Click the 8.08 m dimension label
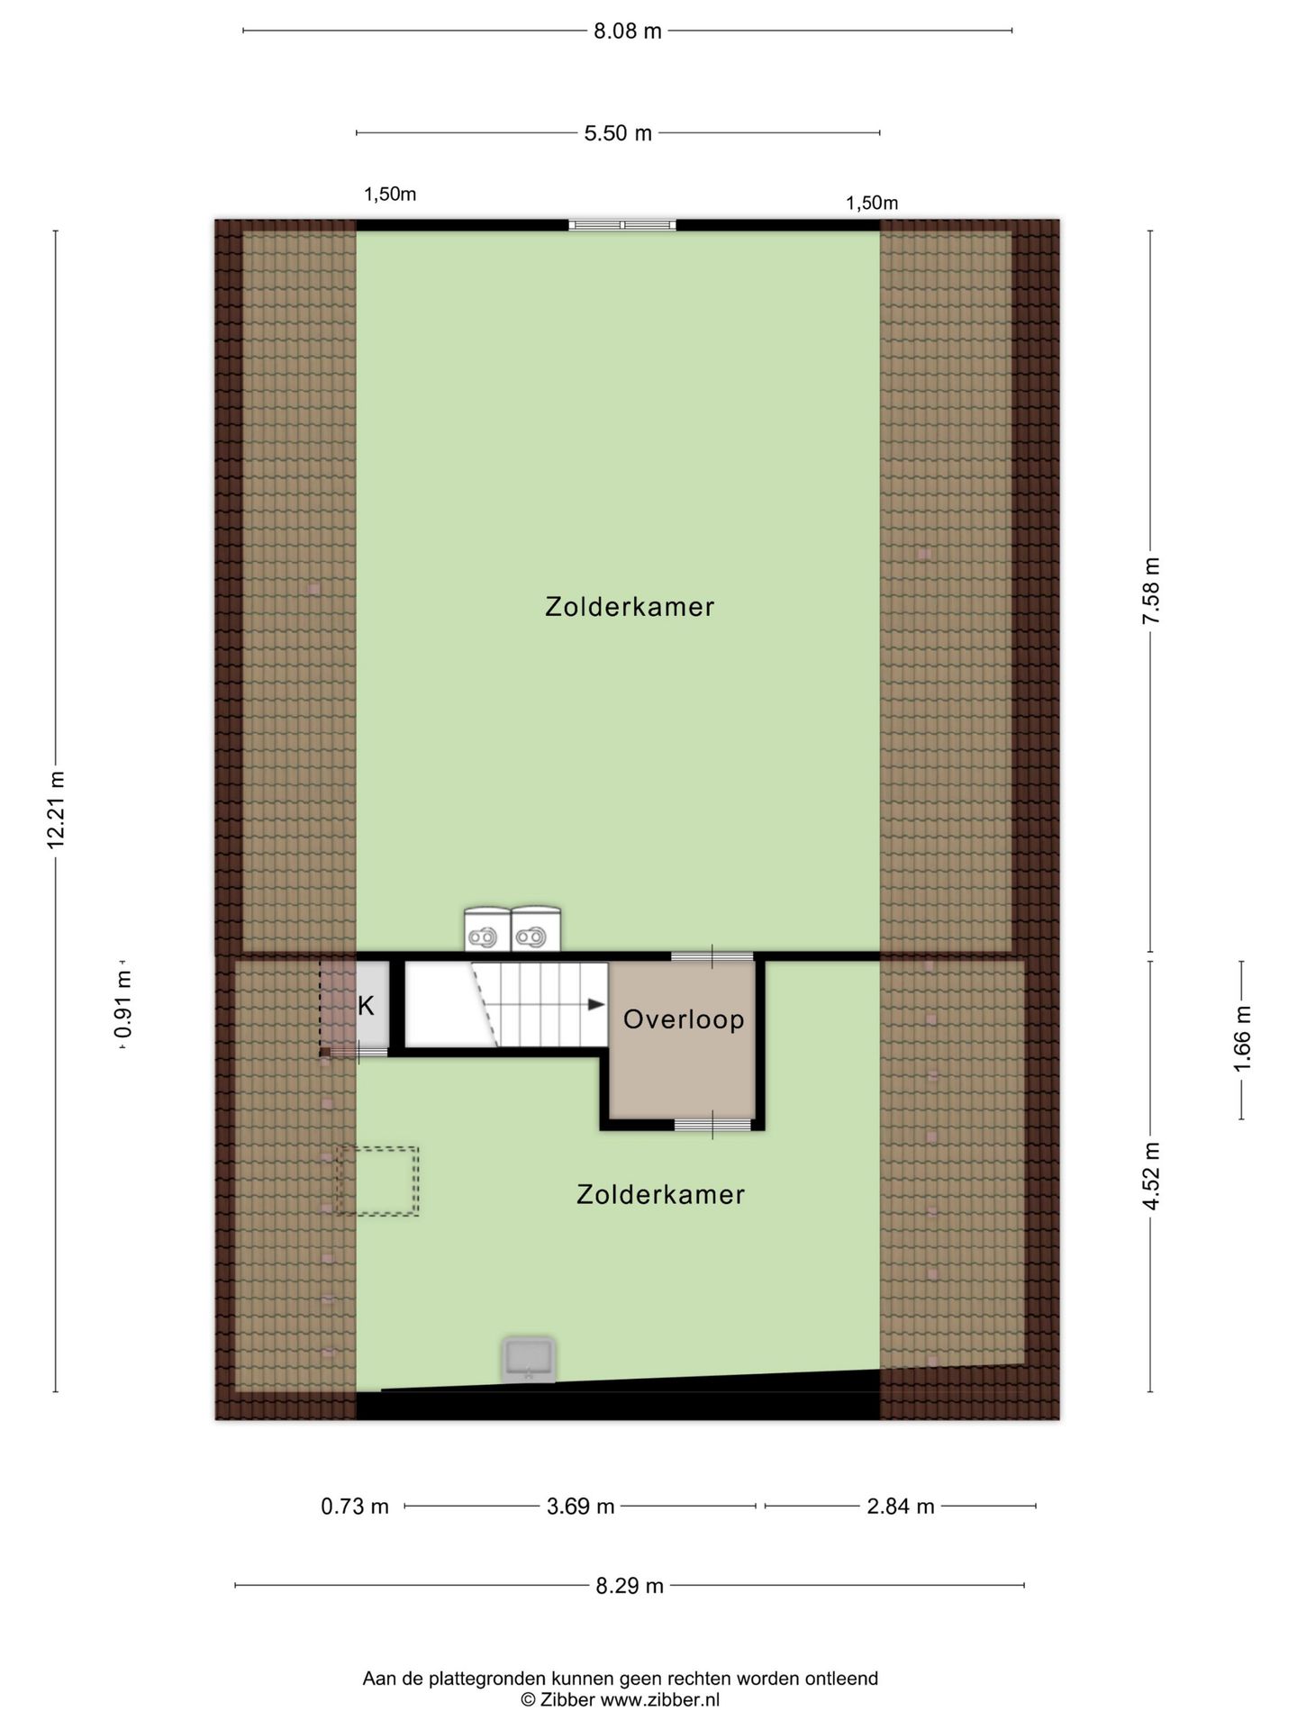click(627, 32)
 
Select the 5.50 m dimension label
click(618, 133)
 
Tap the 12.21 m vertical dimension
click(56, 809)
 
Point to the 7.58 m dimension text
click(1150, 591)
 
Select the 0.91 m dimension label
click(122, 1004)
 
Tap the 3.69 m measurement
click(581, 1506)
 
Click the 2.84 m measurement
click(901, 1506)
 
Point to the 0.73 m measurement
click(355, 1506)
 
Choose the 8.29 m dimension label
click(630, 1586)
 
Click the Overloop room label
click(684, 1019)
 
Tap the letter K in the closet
click(366, 1006)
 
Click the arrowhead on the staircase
click(596, 1005)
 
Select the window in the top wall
click(622, 225)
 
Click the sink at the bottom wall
click(530, 1360)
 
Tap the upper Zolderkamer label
click(630, 607)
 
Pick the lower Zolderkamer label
click(660, 1195)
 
